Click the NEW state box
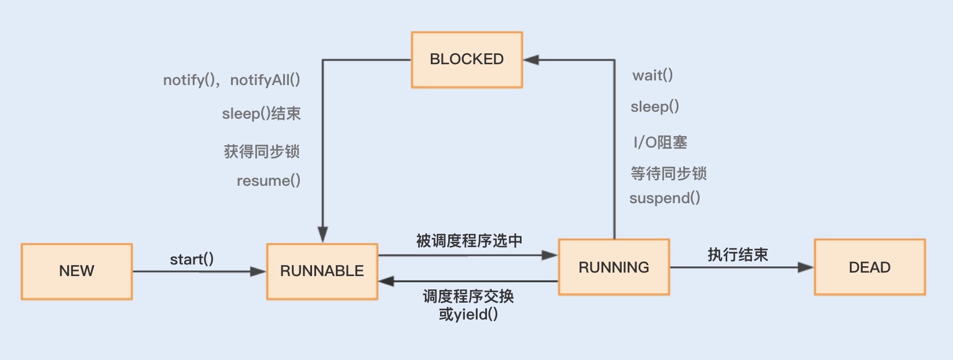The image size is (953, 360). click(x=76, y=271)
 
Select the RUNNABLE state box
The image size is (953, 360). click(x=322, y=271)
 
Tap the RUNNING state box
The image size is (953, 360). click(x=614, y=267)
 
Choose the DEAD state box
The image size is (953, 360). click(x=870, y=267)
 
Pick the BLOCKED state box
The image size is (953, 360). click(x=467, y=60)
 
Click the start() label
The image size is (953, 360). click(x=192, y=259)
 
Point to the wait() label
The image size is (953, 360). click(x=653, y=75)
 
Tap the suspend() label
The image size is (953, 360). click(x=665, y=198)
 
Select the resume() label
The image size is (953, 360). click(x=269, y=181)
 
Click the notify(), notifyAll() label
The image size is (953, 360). click(x=232, y=80)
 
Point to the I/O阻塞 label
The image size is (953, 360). click(x=660, y=142)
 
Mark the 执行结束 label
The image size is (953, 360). click(x=738, y=255)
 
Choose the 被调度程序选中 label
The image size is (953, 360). click(x=469, y=241)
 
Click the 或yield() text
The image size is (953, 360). click(x=468, y=314)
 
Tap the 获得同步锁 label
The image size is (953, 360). click(x=262, y=152)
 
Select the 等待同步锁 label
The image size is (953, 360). click(x=669, y=173)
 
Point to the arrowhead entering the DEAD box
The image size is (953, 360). click(x=805, y=267)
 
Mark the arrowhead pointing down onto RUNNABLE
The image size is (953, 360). click(x=323, y=234)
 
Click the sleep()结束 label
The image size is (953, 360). click(x=262, y=113)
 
